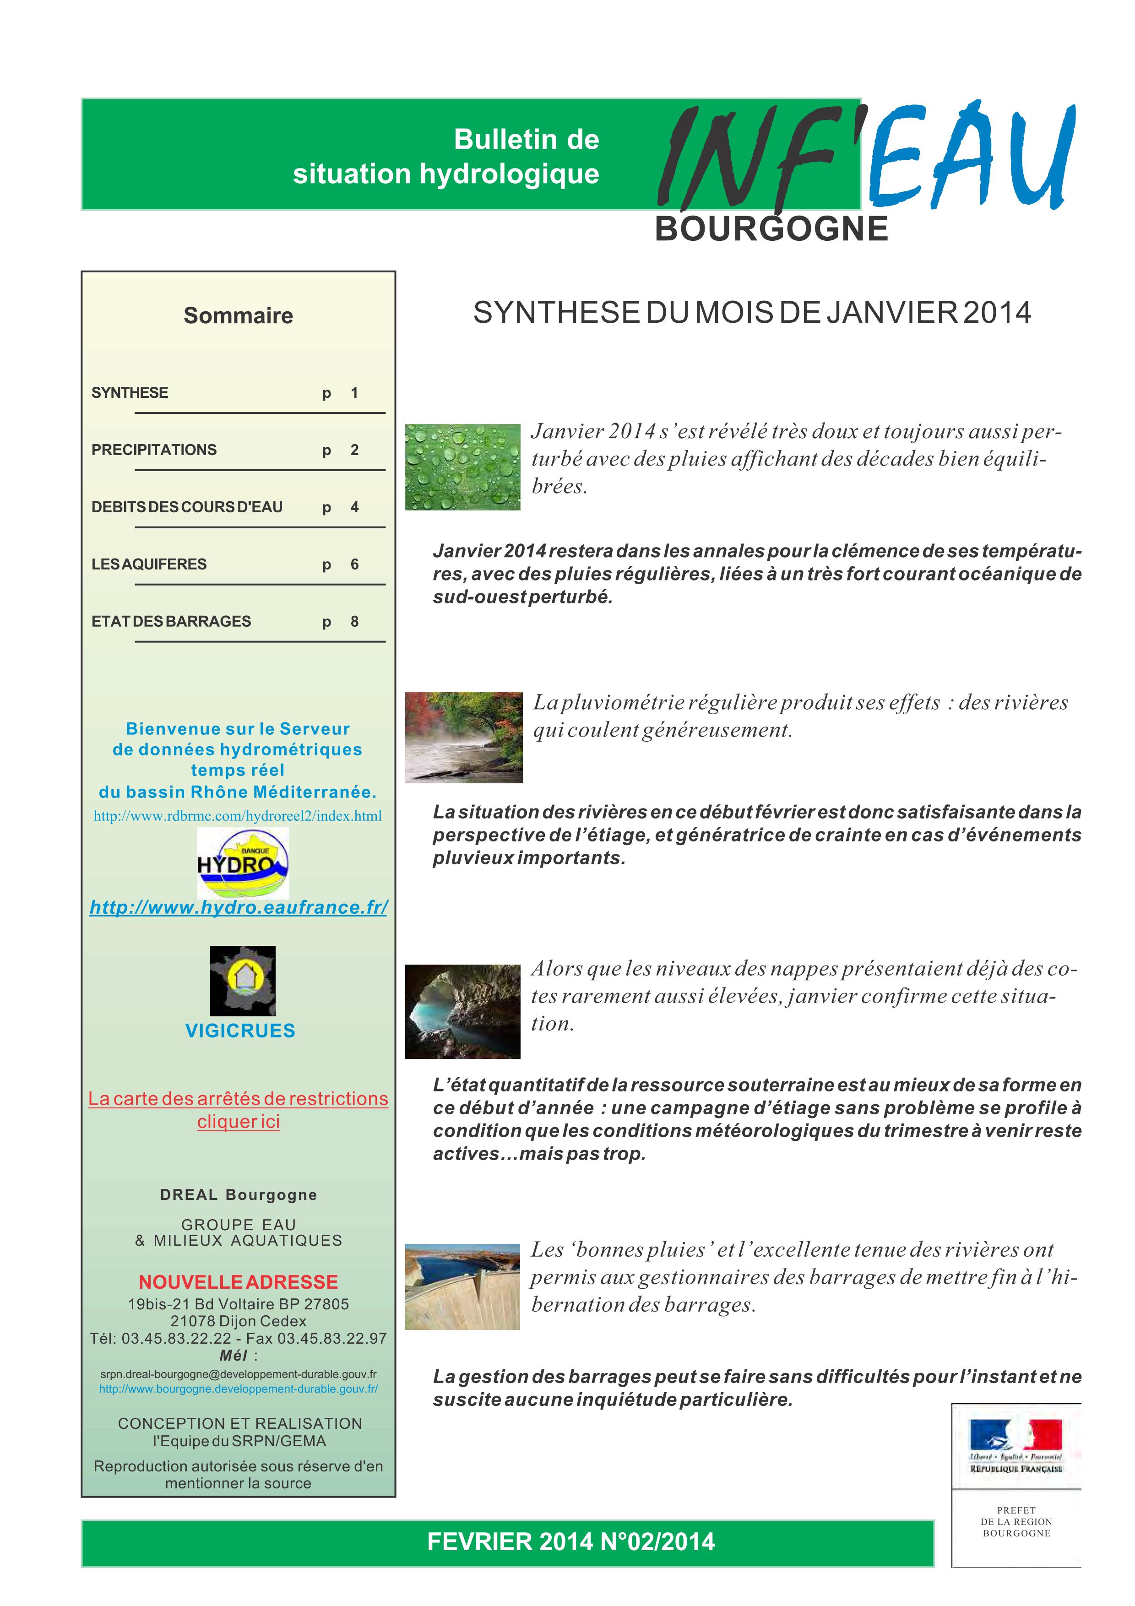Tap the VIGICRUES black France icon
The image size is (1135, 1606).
243,981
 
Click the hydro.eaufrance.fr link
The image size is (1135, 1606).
239,907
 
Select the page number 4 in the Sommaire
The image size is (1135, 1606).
354,507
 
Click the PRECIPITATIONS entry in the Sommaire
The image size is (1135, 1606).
154,450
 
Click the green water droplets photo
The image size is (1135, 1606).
462,467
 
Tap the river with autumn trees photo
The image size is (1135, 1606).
464,737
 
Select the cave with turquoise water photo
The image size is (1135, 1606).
462,1011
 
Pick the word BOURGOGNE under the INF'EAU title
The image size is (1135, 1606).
771,229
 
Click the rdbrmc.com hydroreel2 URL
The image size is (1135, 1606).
238,816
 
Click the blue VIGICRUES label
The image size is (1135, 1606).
240,1031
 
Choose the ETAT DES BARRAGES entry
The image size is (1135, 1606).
171,621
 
